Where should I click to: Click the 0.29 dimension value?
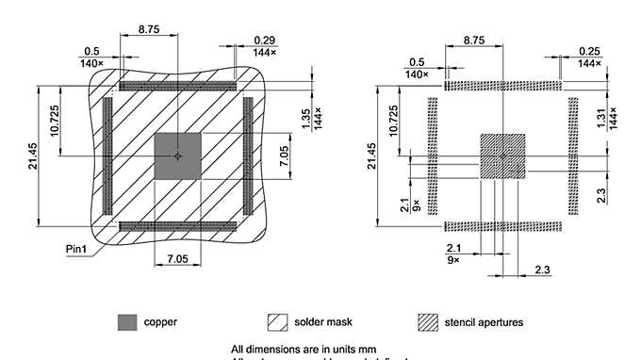pos(264,40)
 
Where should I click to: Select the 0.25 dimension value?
pos(589,50)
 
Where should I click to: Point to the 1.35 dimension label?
pos(305,118)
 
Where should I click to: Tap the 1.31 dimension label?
pos(600,118)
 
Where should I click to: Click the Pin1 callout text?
pos(78,250)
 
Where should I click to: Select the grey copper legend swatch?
pos(127,322)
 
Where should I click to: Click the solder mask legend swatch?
pos(278,322)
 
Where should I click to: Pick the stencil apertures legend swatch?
pos(429,322)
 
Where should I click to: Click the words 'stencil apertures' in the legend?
pos(484,322)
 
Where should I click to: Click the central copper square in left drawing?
pos(177,155)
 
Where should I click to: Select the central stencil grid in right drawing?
pos(502,155)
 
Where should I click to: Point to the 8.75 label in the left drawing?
pos(148,29)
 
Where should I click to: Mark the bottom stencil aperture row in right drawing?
pos(502,226)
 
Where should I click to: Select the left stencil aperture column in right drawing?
pos(434,155)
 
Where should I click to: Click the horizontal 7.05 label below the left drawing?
pos(177,258)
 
